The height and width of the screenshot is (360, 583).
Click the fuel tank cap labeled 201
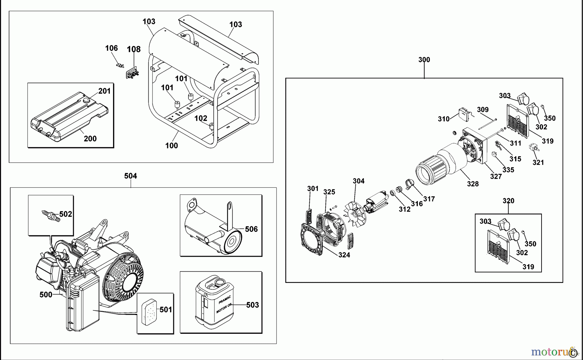pos(86,101)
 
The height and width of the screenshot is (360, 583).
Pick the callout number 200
pos(90,139)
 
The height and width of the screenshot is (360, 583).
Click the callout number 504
pos(131,176)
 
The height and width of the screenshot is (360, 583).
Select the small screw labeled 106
pos(120,66)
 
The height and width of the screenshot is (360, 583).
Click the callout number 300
pos(424,60)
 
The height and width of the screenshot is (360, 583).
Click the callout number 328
pos(473,184)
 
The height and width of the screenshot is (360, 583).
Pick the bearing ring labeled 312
pos(392,193)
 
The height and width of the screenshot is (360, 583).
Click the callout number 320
pos(508,201)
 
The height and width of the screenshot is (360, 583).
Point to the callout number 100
pos(171,146)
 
